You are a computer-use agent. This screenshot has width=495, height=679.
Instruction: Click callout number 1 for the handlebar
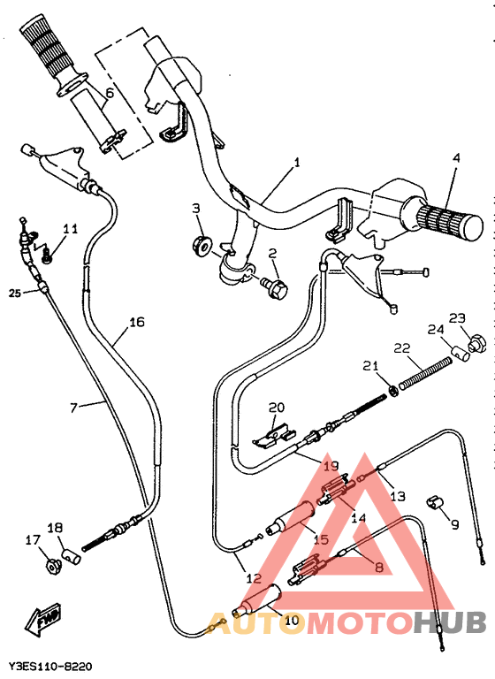coord(297,163)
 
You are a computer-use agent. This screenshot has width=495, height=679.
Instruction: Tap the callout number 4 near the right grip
coord(456,158)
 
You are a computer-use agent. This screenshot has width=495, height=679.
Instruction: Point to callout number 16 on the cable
coord(136,322)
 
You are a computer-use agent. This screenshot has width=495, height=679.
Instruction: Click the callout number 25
coord(14,293)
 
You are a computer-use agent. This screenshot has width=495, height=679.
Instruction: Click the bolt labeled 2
coord(274,285)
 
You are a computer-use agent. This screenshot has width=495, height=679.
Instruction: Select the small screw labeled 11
coord(49,257)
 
